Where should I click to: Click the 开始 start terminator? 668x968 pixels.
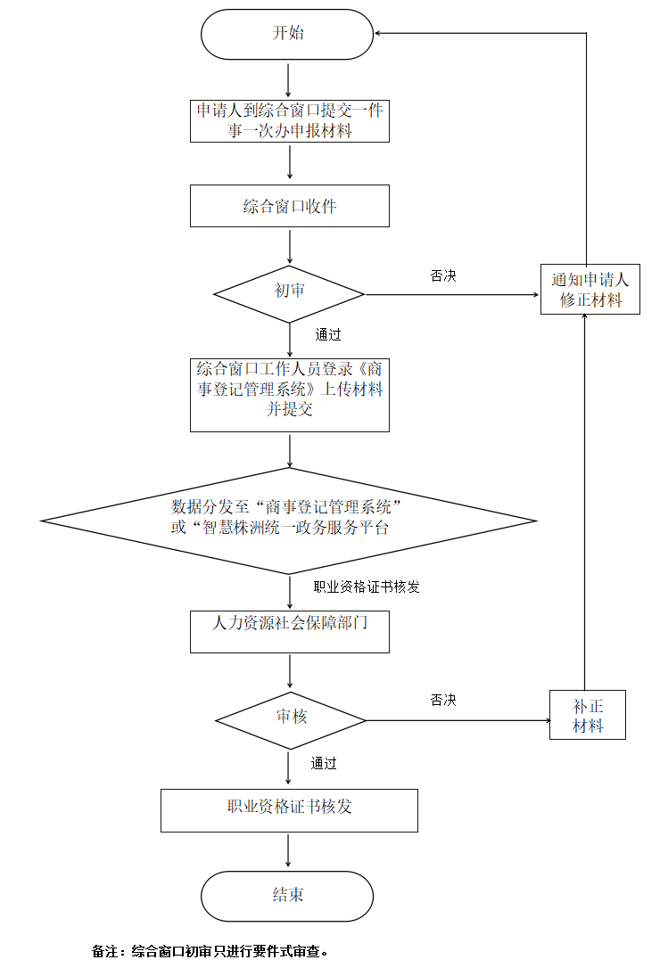(287, 35)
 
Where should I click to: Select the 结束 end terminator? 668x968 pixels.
(287, 896)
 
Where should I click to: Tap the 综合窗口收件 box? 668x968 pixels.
(290, 206)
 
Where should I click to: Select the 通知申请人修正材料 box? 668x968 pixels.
(590, 290)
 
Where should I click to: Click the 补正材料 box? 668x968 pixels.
(588, 715)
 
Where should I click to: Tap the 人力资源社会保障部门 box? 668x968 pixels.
(290, 631)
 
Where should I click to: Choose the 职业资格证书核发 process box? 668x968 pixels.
(289, 809)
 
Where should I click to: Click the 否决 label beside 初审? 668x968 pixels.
(443, 276)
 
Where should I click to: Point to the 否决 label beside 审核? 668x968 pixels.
(443, 701)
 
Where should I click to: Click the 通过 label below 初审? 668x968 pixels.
(328, 335)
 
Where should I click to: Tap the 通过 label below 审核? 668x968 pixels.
(324, 763)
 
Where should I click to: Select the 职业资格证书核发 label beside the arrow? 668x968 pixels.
(367, 587)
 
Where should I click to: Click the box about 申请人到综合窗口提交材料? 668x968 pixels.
(290, 120)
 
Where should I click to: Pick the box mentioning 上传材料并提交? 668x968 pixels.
(290, 394)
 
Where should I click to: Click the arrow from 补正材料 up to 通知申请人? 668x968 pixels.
(585, 499)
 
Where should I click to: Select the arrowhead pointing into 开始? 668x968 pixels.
(379, 34)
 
